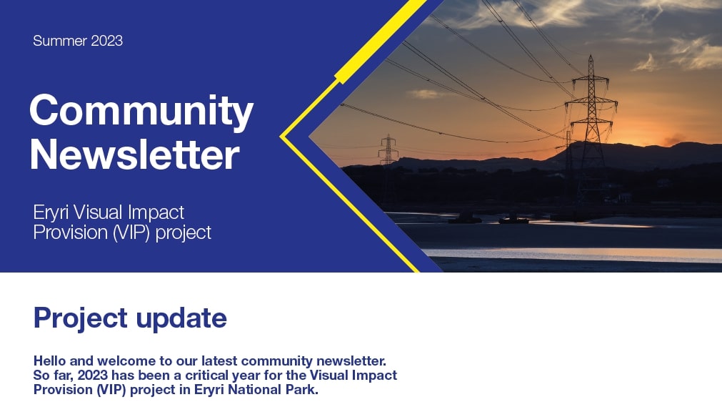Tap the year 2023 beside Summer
coord(107,41)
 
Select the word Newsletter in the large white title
coord(134,155)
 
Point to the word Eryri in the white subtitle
coord(51,213)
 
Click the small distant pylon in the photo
coord(388,150)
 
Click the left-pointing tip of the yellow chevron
coord(281,137)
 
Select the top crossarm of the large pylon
coord(591,80)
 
